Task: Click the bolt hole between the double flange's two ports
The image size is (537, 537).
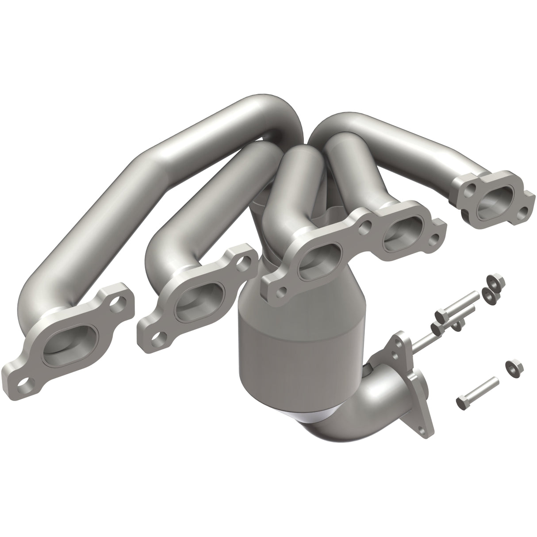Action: point(365,229)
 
